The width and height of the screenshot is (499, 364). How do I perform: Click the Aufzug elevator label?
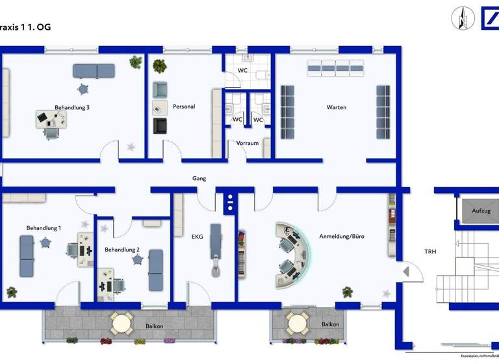tap(481, 211)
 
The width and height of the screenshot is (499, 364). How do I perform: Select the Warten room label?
tap(336, 107)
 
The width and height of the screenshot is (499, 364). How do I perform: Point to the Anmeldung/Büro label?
tap(342, 237)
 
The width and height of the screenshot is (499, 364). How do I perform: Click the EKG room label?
tap(197, 237)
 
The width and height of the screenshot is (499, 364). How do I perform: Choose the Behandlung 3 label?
tap(71, 107)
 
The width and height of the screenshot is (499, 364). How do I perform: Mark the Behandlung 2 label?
tap(122, 250)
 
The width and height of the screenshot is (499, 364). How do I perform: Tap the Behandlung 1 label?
tap(44, 228)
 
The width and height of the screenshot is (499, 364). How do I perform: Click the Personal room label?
tap(184, 107)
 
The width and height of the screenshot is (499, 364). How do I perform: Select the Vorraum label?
tap(248, 143)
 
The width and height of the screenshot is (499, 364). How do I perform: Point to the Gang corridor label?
tap(199, 178)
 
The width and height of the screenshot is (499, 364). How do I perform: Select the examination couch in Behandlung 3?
tap(94, 70)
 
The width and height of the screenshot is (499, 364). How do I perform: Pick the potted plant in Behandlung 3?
tap(136, 62)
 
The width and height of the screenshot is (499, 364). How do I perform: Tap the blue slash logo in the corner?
tap(489, 18)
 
